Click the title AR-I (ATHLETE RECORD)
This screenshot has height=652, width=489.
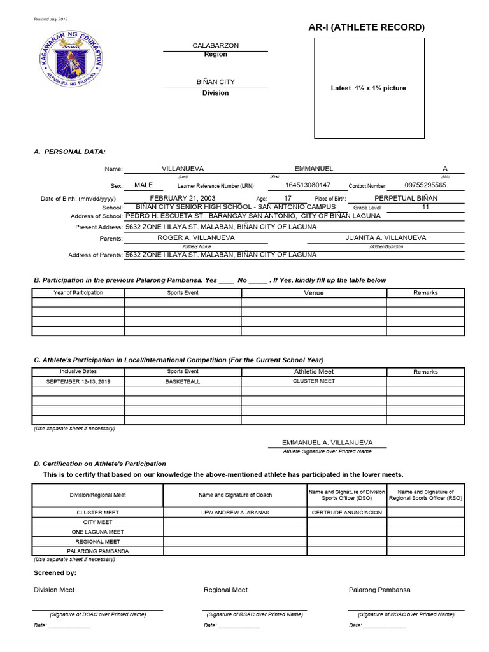coord(366,27)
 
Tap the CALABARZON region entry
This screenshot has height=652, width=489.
coord(215,46)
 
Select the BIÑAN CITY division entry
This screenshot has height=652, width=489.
coord(215,82)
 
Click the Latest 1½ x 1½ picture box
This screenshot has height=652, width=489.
coord(369,88)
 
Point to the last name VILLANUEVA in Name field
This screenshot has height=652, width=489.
coord(183,169)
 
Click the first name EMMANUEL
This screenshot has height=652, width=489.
coord(313,169)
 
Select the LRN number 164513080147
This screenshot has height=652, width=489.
coord(308,185)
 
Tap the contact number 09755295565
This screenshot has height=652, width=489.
coord(425,185)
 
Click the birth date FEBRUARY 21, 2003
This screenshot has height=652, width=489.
coord(183,199)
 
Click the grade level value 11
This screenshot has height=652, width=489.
coord(425,207)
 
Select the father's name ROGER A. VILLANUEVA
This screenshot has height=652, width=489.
coord(187,237)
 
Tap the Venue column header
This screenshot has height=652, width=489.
coord(313,293)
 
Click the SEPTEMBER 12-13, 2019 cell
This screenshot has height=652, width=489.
coord(78,381)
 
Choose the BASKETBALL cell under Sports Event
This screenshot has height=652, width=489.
coord(183,381)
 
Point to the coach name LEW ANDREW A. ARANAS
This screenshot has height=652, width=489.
coord(234,513)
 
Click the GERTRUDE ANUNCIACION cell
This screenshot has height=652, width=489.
coord(347,513)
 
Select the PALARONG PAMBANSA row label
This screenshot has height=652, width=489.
coord(98,551)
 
